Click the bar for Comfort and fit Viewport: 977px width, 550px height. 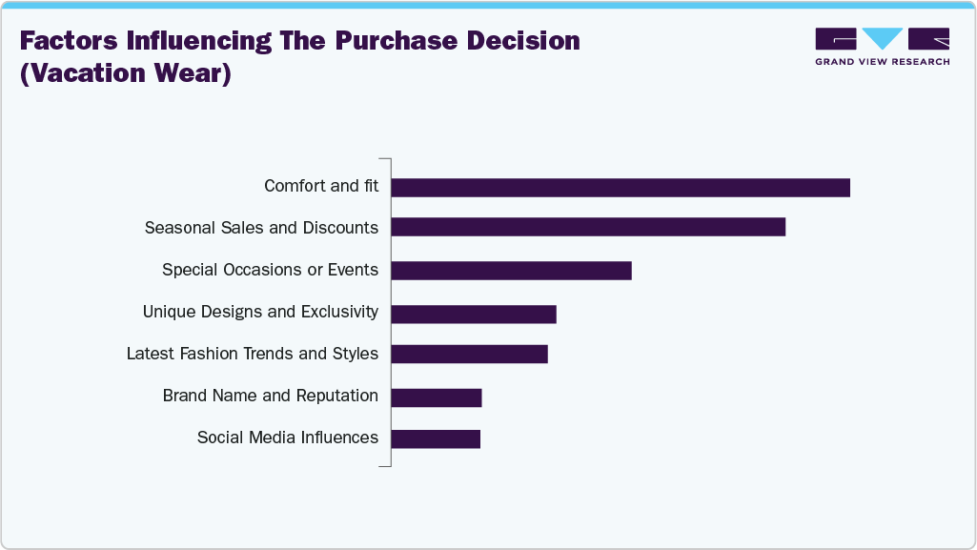coord(620,188)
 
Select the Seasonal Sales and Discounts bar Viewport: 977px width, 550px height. coord(588,227)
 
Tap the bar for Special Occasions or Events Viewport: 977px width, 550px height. coord(511,271)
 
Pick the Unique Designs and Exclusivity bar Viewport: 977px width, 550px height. coord(473,314)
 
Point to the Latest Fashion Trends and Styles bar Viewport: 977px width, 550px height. coord(469,354)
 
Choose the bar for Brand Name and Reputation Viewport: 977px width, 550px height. coord(436,397)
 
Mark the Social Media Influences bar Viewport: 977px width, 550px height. coord(435,438)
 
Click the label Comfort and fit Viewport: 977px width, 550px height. coord(321,186)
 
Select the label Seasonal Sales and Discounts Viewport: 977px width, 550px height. coord(261,228)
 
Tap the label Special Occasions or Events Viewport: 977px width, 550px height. coord(270,270)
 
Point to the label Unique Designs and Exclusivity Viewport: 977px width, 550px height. coord(260,312)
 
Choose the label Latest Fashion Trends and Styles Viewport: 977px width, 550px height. coord(253,354)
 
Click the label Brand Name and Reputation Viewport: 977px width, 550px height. coord(270,396)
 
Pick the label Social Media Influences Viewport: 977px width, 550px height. coord(287,438)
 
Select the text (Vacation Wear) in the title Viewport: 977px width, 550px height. coord(126,73)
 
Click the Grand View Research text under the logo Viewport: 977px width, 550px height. coord(882,62)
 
